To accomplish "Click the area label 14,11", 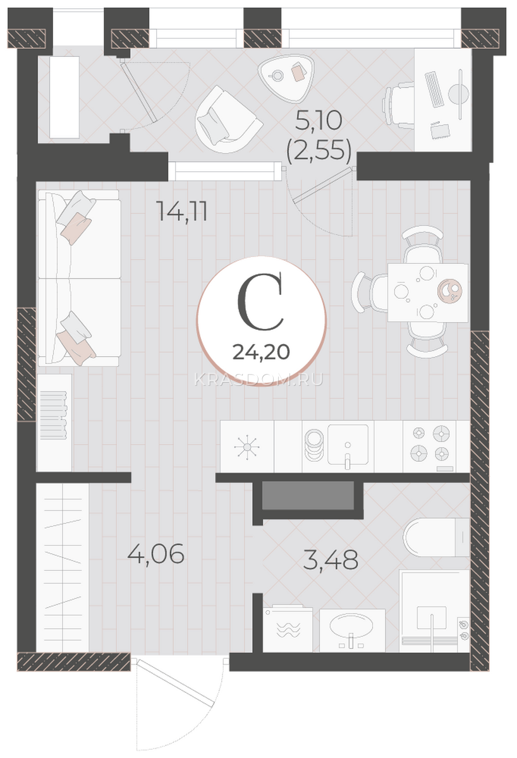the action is (183, 212).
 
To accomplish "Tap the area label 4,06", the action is (156, 553).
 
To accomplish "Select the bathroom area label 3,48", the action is (331, 560).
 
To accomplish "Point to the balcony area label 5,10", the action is (319, 121).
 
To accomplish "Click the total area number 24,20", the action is (261, 352).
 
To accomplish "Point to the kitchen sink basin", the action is (348, 444).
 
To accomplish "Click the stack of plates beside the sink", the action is (314, 445).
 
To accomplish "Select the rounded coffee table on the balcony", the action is (286, 78).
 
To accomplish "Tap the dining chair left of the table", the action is (370, 292).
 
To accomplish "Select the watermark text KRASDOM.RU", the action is (259, 380).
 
